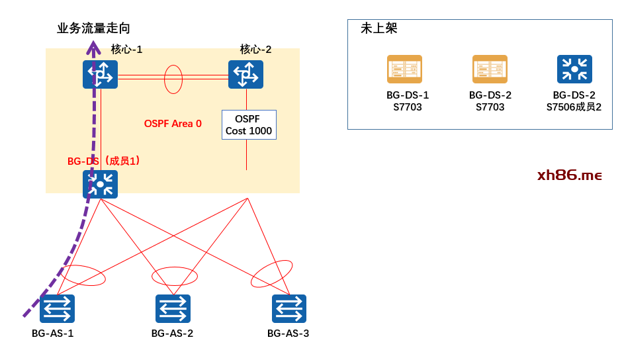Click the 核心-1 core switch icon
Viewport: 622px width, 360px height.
coord(100,74)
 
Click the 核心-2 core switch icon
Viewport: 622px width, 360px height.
coord(245,74)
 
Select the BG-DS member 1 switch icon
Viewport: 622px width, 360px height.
coord(100,185)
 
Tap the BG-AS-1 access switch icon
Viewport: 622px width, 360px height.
coord(57,308)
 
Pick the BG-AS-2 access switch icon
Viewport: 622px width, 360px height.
coord(173,308)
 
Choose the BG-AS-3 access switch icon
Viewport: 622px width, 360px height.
coord(289,308)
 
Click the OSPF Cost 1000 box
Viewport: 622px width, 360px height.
coord(249,124)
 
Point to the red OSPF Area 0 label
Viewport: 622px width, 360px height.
coord(173,124)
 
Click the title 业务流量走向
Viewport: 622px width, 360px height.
coord(93,28)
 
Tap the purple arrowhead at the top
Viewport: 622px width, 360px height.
coord(93,47)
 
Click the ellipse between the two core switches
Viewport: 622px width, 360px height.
coord(173,79)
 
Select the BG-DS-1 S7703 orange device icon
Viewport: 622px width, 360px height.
coord(404,69)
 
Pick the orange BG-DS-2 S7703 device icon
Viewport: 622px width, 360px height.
coord(490,69)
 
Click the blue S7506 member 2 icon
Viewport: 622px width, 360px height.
coord(574,69)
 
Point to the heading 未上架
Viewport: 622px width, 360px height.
coord(378,28)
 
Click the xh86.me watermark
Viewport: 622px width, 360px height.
coord(569,175)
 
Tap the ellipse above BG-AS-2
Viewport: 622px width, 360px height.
coord(175,276)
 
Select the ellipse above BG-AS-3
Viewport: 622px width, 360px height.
coord(271,273)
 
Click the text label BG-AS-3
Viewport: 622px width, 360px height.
coord(288,333)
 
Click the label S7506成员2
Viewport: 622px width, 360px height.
coord(574,107)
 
